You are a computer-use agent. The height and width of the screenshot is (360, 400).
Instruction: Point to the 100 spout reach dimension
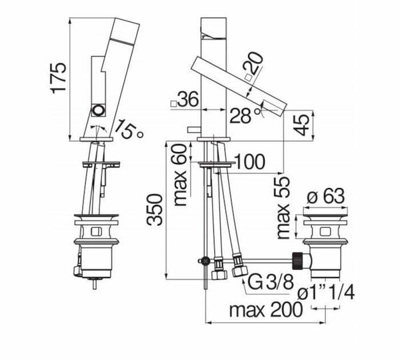(x=249, y=161)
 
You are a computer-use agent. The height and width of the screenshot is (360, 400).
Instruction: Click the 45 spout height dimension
(x=302, y=125)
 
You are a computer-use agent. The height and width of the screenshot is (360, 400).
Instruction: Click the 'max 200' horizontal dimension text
(x=265, y=310)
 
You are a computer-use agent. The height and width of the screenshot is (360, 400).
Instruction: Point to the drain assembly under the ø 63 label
(x=325, y=247)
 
